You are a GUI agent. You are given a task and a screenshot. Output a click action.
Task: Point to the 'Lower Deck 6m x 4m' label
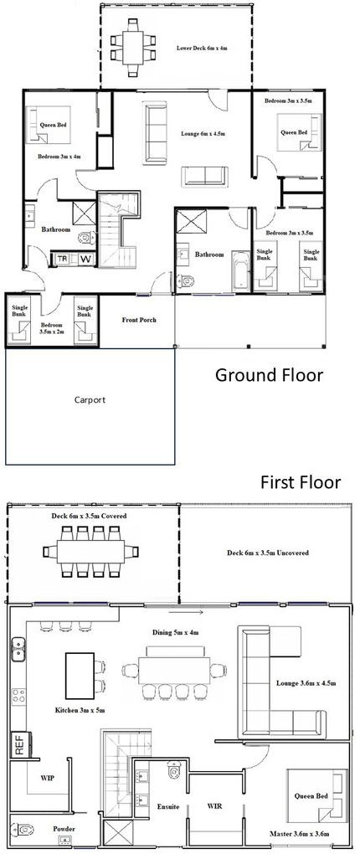pyautogui.click(x=202, y=49)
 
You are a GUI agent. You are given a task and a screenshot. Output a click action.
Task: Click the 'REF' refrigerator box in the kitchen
pyautogui.click(x=17, y=742)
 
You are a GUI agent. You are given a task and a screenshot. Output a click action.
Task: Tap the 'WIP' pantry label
pyautogui.click(x=48, y=778)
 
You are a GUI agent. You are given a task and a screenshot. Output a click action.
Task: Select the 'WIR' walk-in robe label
pyautogui.click(x=214, y=807)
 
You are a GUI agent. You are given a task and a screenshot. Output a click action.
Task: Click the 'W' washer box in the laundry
pyautogui.click(x=85, y=259)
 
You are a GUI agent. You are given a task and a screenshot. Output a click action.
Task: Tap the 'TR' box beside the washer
pyautogui.click(x=63, y=259)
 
